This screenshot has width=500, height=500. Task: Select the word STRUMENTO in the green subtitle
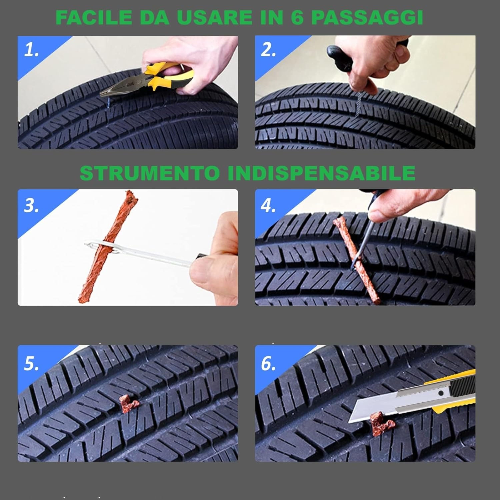point(150,173)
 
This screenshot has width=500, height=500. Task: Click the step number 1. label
point(31,50)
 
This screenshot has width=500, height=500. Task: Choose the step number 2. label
point(268,50)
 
